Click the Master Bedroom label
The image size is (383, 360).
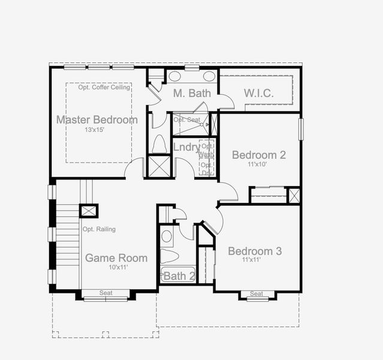click(x=96, y=120)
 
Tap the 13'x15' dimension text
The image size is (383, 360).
click(x=96, y=130)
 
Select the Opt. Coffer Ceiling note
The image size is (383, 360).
click(x=104, y=88)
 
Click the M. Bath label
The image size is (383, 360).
click(x=191, y=93)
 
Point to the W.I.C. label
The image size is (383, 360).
click(x=258, y=93)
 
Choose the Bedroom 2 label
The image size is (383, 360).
click(x=258, y=155)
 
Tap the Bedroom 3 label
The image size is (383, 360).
click(x=255, y=251)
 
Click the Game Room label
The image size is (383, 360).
click(x=116, y=258)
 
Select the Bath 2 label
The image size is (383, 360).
click(x=179, y=276)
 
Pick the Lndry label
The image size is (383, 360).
click(x=186, y=147)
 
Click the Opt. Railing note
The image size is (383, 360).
click(x=99, y=229)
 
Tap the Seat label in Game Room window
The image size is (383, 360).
click(x=105, y=293)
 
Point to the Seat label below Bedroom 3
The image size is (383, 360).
click(x=257, y=293)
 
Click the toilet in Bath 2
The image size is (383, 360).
click(x=170, y=256)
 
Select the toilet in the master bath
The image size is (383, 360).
click(x=159, y=144)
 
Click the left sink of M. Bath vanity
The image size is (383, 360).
click(x=175, y=76)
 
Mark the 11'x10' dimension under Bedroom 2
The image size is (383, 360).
click(x=258, y=164)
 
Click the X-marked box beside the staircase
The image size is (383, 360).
click(x=89, y=211)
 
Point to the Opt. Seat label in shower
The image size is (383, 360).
click(x=186, y=119)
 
